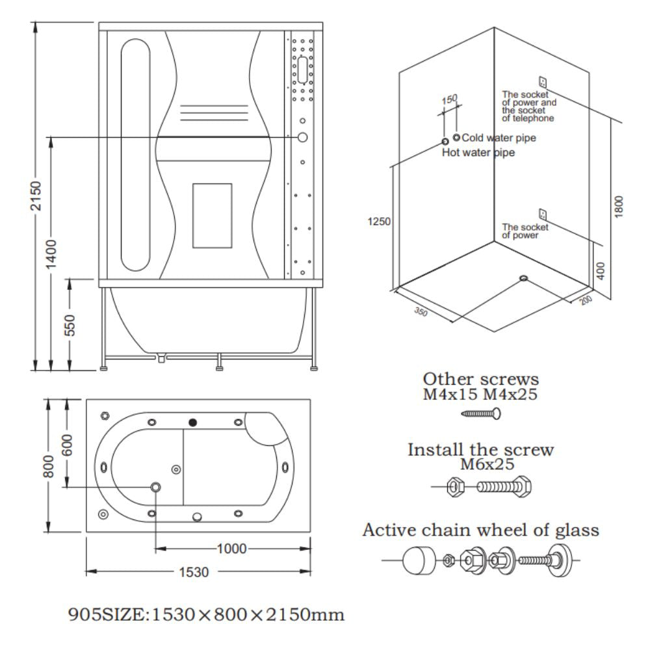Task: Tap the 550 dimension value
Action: point(70,326)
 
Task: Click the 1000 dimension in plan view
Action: point(231,549)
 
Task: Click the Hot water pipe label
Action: point(478,153)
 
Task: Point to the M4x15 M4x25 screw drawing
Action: point(480,413)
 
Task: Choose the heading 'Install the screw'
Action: point(480,450)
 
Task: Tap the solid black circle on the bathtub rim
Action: point(192,422)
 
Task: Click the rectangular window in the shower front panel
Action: point(212,215)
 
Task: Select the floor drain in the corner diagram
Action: point(524,279)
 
